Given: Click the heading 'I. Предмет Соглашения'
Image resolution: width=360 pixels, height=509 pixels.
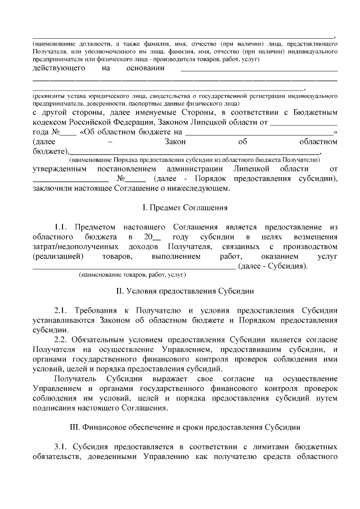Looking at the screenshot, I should (x=184, y=208).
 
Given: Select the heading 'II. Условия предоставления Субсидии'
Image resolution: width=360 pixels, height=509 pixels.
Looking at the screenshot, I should (x=184, y=291).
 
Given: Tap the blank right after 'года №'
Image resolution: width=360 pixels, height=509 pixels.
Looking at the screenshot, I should (x=67, y=133).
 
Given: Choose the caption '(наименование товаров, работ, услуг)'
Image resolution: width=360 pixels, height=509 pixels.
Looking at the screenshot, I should (x=133, y=275).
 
